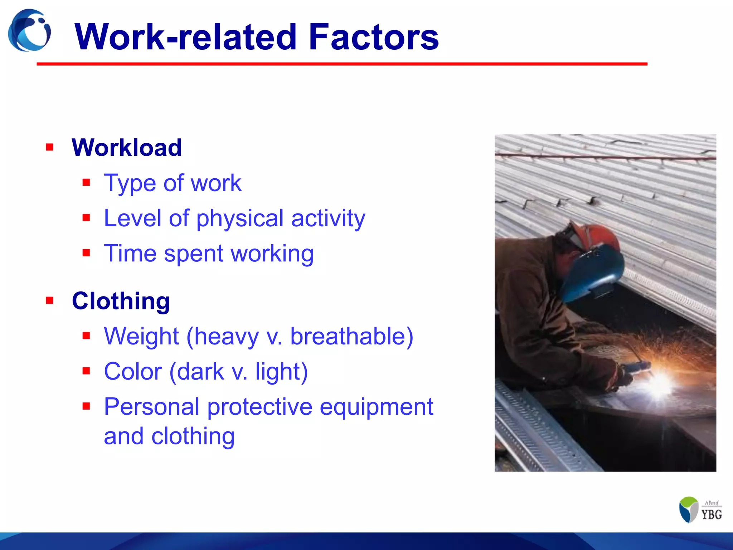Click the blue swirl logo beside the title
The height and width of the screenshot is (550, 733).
(29, 31)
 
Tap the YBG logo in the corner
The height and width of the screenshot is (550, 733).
(700, 510)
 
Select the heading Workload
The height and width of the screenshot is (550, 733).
(127, 148)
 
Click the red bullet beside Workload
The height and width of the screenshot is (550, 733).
(49, 147)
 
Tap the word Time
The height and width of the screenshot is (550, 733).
(130, 254)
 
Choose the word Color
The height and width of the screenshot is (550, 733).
(133, 371)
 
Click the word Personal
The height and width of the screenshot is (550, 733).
(151, 407)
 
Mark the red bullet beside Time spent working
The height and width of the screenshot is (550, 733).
(86, 253)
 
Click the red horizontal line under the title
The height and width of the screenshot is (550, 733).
(342, 64)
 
